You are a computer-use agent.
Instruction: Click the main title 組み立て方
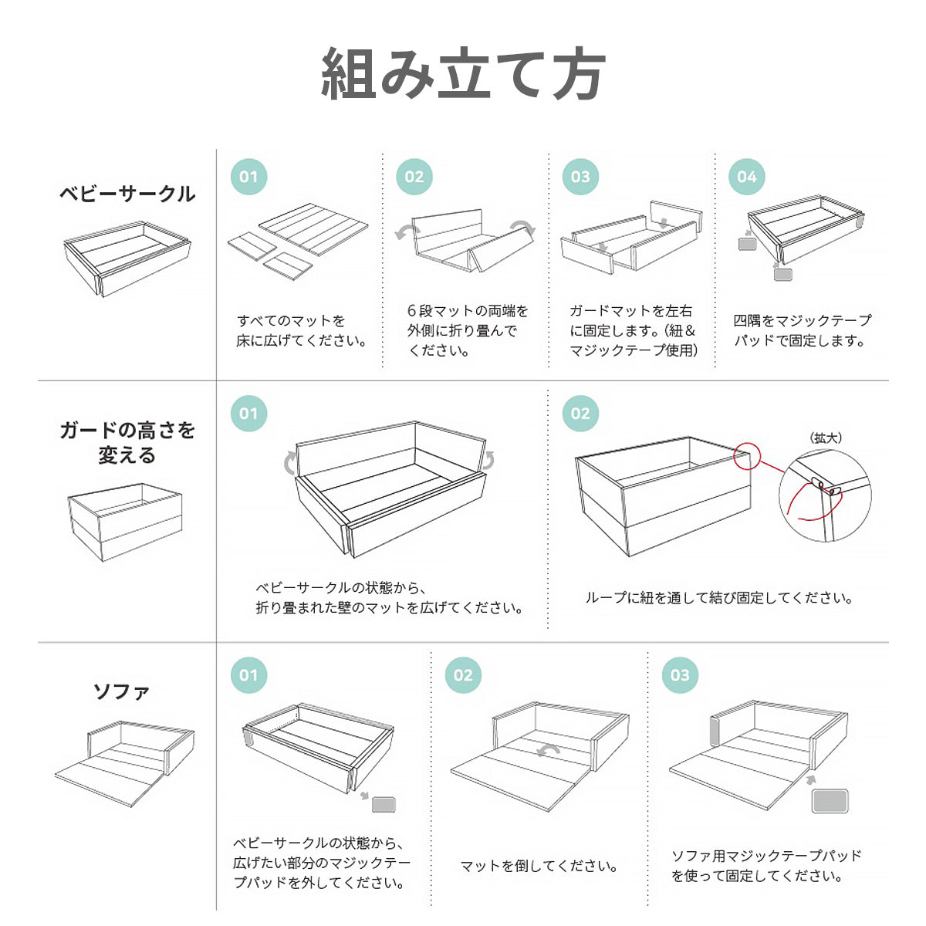[x=463, y=73]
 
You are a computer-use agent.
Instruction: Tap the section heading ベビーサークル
[x=127, y=194]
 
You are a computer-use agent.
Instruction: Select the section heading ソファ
[x=121, y=691]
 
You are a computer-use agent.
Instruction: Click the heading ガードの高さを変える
[x=127, y=443]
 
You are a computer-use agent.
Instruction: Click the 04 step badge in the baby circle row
[x=746, y=177]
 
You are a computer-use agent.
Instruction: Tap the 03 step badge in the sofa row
[x=680, y=675]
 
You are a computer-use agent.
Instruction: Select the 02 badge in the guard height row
[x=580, y=414]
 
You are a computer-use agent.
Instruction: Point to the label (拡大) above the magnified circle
[x=826, y=438]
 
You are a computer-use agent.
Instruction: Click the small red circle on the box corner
[x=747, y=455]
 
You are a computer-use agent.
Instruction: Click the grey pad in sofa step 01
[x=384, y=804]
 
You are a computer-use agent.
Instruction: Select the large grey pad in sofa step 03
[x=830, y=801]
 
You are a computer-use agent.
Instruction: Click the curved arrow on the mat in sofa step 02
[x=549, y=751]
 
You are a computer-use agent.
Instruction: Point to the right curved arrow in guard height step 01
[x=488, y=461]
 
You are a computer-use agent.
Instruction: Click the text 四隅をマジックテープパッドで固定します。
[x=802, y=330]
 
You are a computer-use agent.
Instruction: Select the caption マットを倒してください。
[x=539, y=866]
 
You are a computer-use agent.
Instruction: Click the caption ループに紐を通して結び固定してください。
[x=719, y=598]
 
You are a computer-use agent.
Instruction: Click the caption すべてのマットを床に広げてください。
[x=302, y=330]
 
